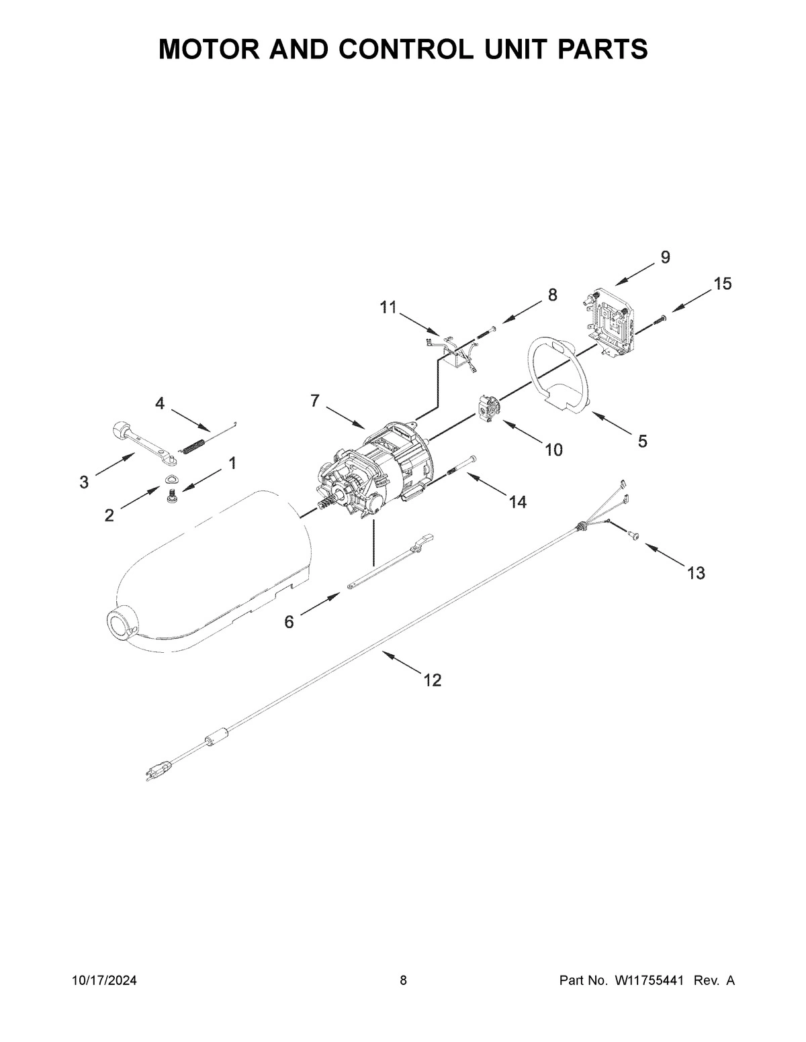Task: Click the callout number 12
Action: pyautogui.click(x=433, y=680)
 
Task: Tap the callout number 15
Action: pyautogui.click(x=722, y=284)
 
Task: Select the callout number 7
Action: pyautogui.click(x=314, y=401)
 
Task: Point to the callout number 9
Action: pyautogui.click(x=665, y=257)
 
